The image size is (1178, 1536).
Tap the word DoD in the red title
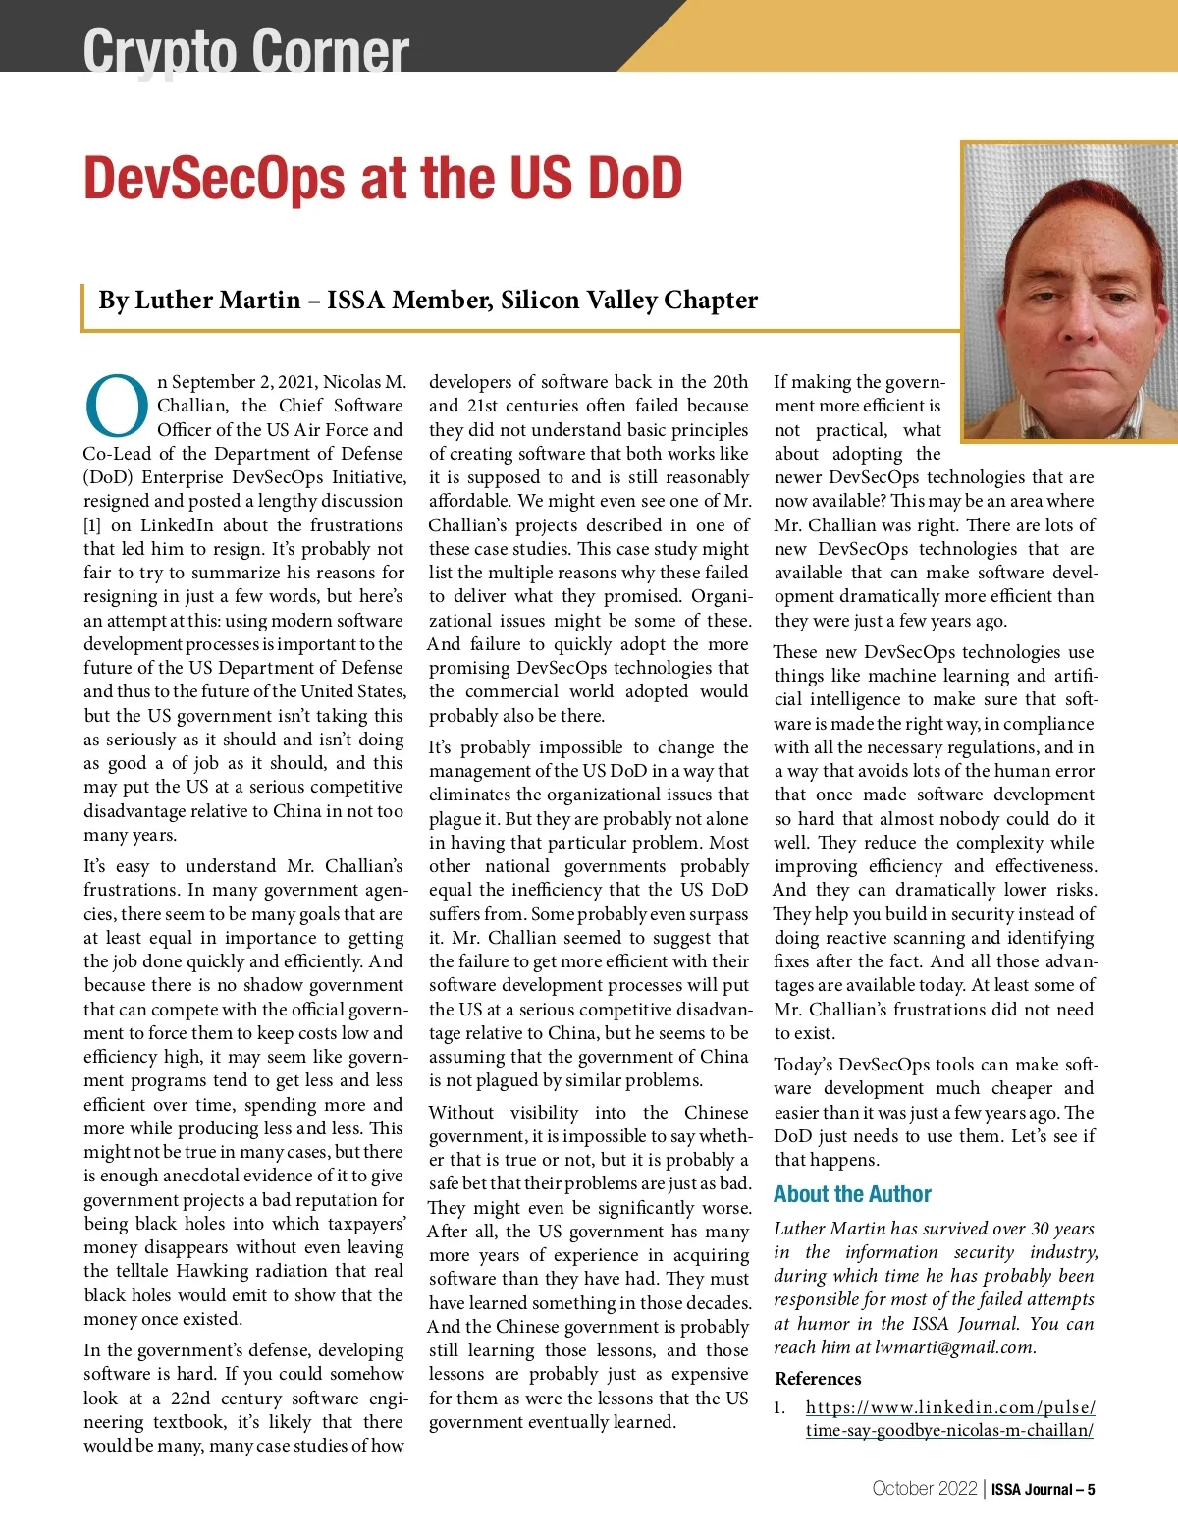(633, 179)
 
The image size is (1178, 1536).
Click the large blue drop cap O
(117, 406)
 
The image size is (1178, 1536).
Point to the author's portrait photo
(1070, 290)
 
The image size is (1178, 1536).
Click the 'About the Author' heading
(852, 1194)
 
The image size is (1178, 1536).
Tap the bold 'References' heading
(818, 1379)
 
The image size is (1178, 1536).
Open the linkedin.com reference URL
(949, 1418)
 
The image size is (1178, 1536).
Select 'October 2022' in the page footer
(924, 1488)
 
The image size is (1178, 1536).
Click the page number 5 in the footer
(1091, 1489)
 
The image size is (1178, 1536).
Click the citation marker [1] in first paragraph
(92, 525)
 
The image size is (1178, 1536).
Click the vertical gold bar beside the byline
(82, 307)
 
